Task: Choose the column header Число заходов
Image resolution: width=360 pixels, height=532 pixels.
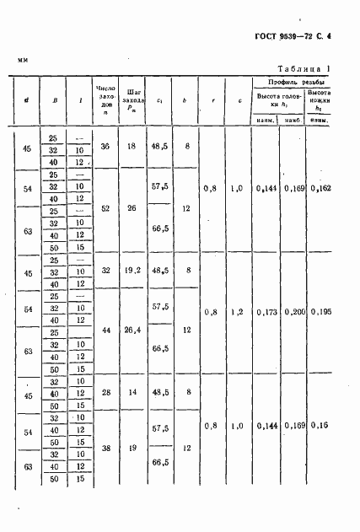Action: (105, 99)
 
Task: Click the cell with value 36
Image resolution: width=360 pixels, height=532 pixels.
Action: (105, 147)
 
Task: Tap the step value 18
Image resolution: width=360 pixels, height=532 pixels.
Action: (132, 147)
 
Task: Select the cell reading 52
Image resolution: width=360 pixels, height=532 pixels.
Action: (105, 207)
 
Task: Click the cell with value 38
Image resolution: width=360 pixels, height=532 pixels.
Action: (105, 450)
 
